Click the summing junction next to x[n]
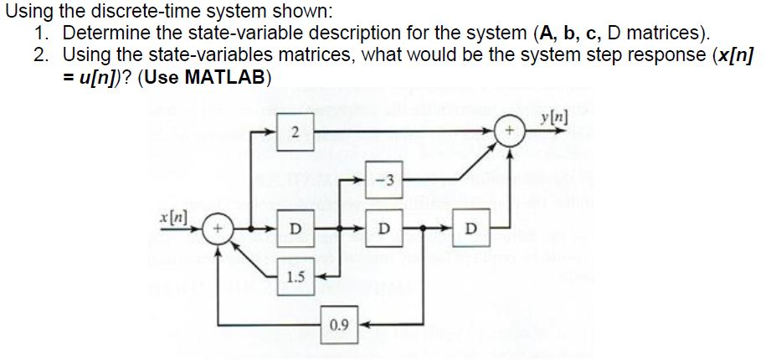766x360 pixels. click(x=219, y=228)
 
